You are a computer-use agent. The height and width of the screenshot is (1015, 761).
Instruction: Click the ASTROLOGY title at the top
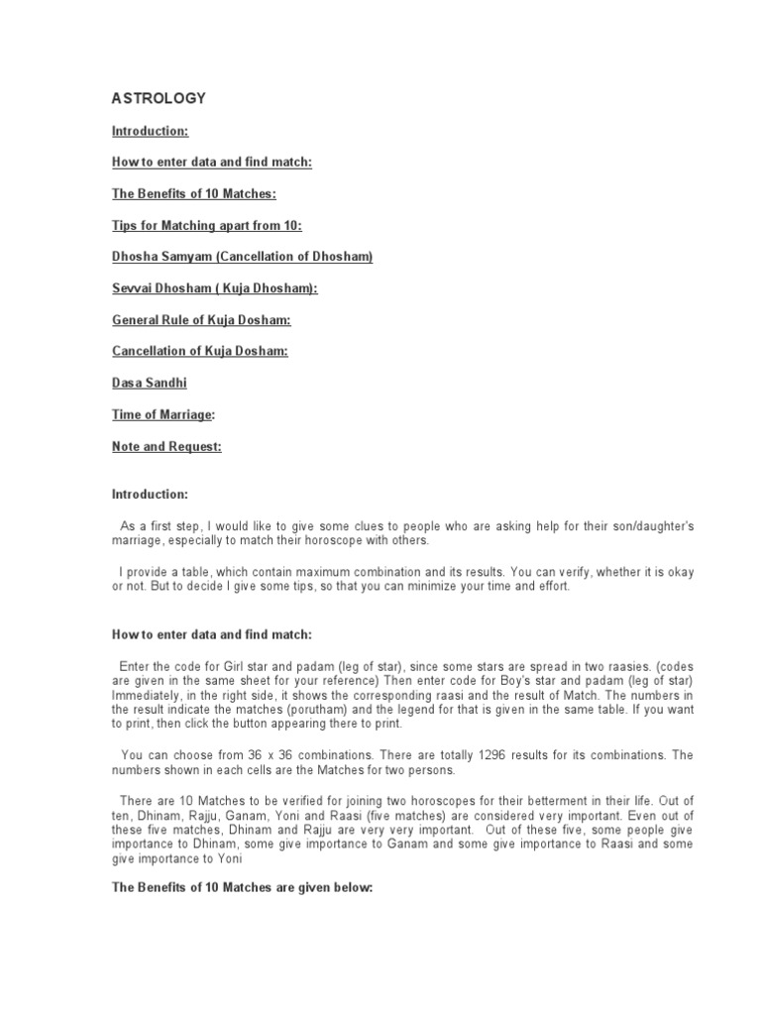click(x=159, y=98)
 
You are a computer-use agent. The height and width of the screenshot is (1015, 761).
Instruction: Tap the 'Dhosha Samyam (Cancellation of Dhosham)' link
click(x=242, y=257)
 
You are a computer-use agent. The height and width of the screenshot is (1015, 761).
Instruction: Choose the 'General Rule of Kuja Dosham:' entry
click(x=201, y=320)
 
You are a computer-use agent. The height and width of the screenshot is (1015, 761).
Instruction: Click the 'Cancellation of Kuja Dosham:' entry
click(x=199, y=352)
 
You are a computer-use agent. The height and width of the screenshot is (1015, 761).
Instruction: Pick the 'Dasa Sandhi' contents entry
click(x=149, y=383)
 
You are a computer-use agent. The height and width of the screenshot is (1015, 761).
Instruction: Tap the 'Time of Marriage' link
click(x=162, y=414)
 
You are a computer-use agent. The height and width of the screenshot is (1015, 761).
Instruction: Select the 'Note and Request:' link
click(x=166, y=446)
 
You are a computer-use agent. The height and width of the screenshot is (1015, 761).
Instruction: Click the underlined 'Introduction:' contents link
click(x=150, y=130)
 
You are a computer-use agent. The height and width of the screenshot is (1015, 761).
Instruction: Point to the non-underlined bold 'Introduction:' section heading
click(x=150, y=494)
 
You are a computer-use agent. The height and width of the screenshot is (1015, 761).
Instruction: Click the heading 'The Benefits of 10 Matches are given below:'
click(x=242, y=887)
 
